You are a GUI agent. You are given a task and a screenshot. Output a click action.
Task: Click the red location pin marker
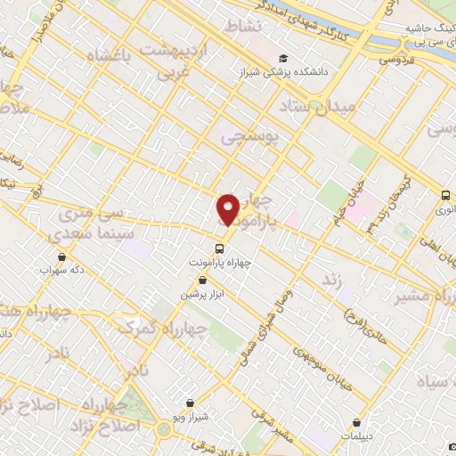(x=228, y=209)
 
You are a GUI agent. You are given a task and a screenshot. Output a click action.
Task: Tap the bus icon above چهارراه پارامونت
(x=219, y=248)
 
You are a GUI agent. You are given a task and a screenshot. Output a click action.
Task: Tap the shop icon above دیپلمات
(x=357, y=422)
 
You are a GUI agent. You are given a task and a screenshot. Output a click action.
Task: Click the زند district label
(x=332, y=281)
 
